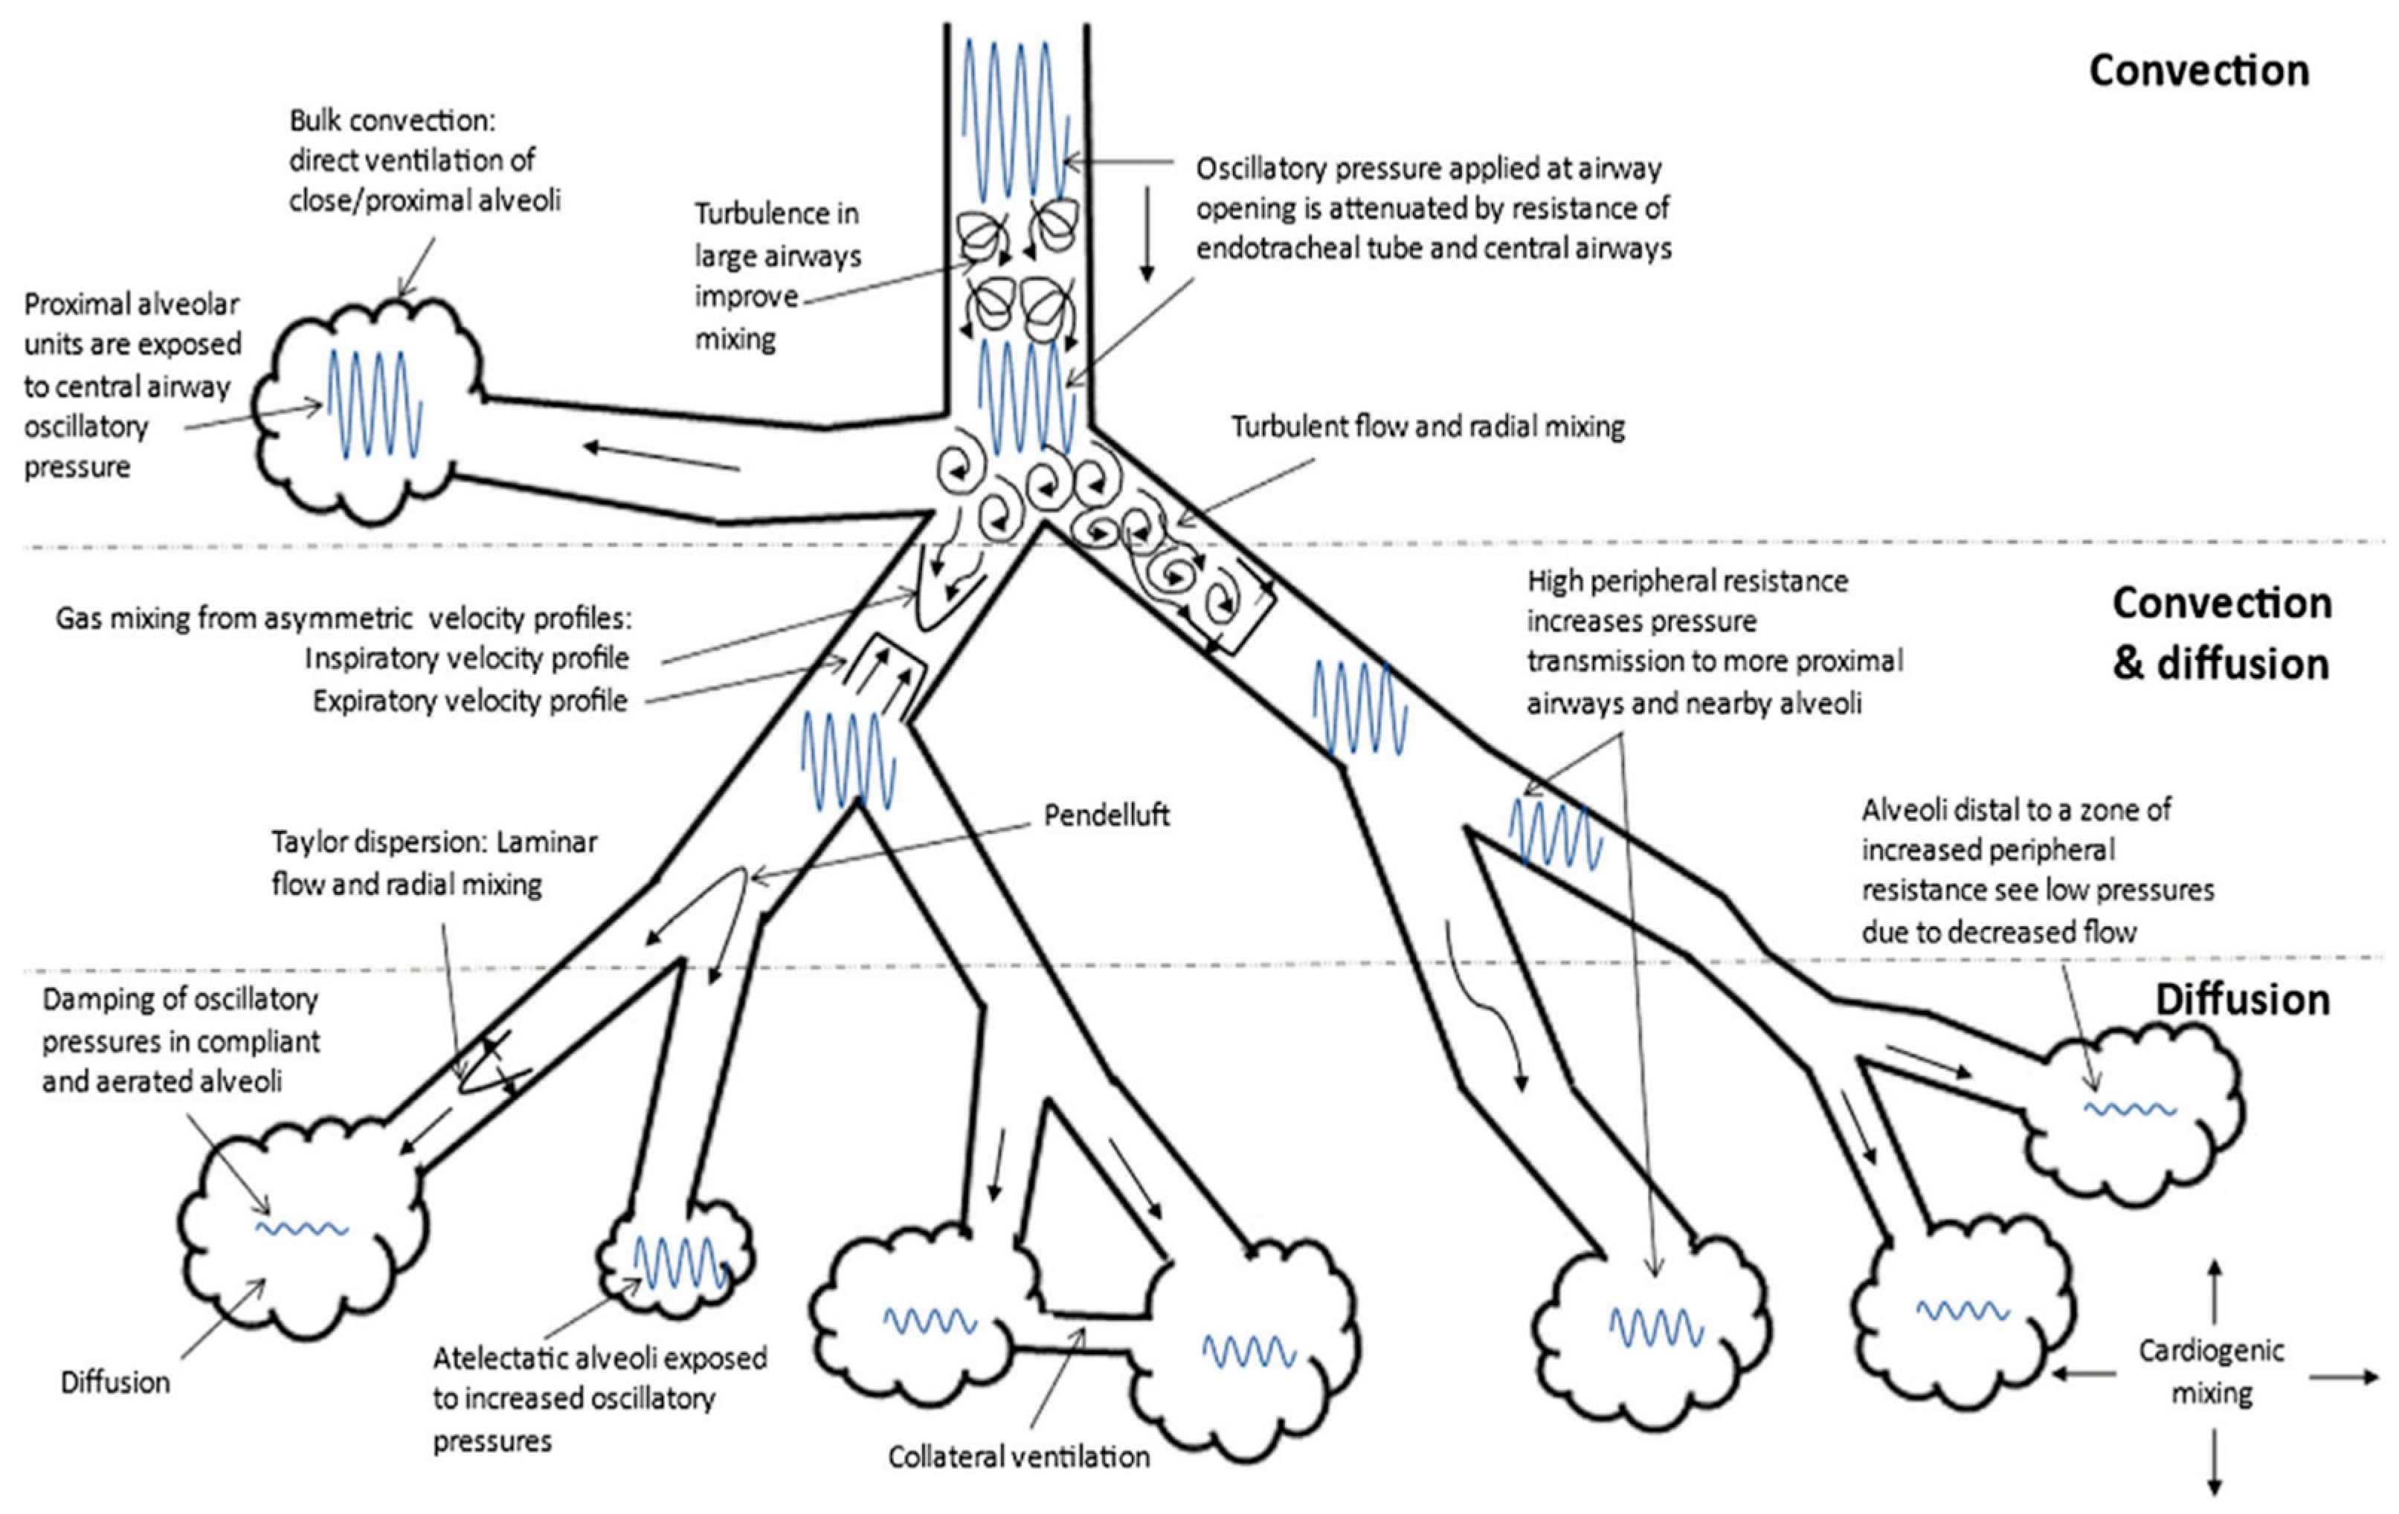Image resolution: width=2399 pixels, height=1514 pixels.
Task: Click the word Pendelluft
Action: [x=1106, y=816]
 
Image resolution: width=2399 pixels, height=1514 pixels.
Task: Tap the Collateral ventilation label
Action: [x=1018, y=1456]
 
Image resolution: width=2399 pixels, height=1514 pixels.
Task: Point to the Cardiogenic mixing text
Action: [x=2211, y=1371]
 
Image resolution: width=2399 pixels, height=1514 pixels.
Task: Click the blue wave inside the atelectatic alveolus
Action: [x=681, y=1262]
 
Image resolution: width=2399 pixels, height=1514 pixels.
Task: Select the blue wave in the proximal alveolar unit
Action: [x=375, y=404]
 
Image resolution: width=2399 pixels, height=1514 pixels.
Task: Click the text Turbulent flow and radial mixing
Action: [x=1428, y=427]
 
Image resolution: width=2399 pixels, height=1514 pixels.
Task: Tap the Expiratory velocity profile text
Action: [x=470, y=701]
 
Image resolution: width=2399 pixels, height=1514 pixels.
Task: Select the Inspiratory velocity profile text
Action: [x=466, y=659]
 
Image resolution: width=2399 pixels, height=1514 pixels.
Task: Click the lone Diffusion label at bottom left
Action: [x=115, y=1382]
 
